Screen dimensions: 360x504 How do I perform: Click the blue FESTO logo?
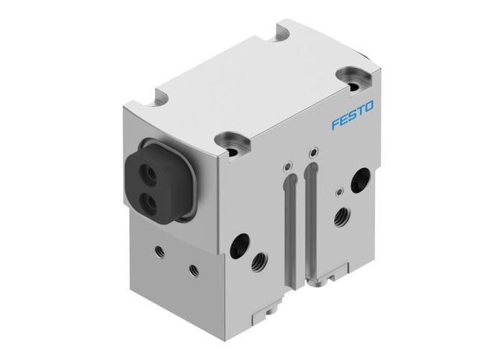point(352,115)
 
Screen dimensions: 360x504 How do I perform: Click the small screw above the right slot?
point(312,153)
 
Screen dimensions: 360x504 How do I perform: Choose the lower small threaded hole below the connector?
point(193,269)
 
